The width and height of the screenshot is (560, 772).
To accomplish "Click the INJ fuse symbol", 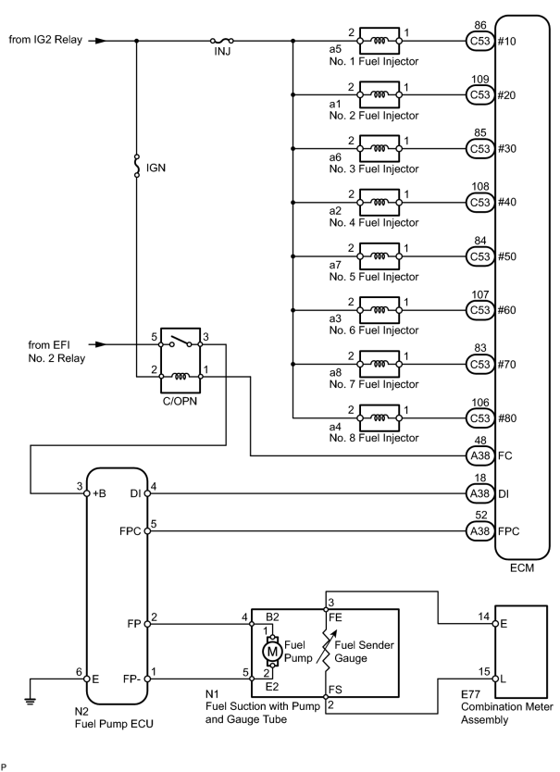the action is coord(221,41).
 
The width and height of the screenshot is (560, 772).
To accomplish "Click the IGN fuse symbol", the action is coord(137,166).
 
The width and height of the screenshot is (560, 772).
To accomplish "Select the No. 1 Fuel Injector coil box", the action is coord(380,41).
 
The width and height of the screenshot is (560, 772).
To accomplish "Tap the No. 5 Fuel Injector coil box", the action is coord(380,256).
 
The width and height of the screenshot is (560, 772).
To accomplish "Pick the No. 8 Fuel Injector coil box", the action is coord(380,418).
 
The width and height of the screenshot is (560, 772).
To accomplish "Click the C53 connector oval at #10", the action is coord(479,41).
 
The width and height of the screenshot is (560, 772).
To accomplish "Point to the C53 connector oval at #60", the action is coord(479,310).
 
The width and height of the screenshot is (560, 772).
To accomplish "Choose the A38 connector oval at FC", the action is coord(479,455).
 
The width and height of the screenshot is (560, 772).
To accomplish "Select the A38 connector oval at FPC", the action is coord(479,531).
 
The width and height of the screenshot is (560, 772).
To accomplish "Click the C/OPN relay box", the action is coord(180,360).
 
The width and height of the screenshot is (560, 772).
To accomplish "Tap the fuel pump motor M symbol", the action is coord(272,652).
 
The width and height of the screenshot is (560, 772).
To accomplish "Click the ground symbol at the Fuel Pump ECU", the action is coord(31,701).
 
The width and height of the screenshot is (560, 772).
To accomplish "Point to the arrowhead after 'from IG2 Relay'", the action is coord(101,41).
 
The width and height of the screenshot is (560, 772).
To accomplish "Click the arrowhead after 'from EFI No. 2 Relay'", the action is coord(101,344).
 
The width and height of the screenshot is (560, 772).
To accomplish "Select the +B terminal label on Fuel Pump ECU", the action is coord(99,493).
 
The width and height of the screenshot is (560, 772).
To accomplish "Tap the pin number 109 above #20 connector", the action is coord(480,80).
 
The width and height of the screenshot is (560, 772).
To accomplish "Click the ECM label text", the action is coord(522,568).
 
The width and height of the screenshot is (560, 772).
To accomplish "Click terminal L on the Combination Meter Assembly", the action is coord(503,679).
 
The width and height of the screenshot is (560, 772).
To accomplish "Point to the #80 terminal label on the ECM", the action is coord(507,418).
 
